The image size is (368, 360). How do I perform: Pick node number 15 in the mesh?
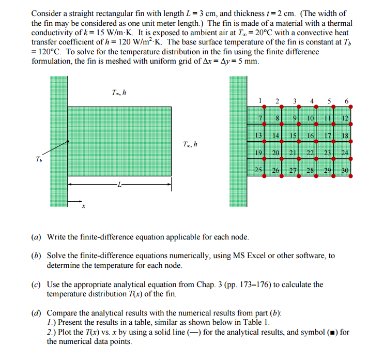pos(293,136)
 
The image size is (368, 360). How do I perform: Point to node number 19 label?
pos(258,153)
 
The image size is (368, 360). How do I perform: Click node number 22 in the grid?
pos(310,153)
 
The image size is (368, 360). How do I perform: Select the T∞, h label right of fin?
pos(191,143)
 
